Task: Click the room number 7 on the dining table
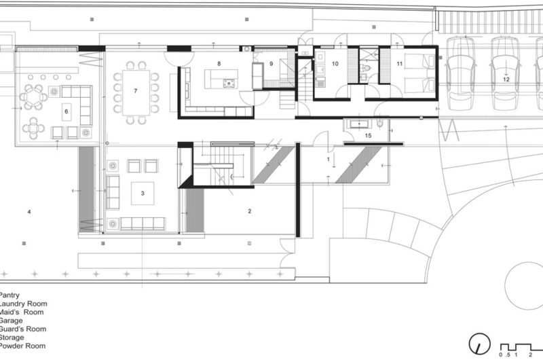136,90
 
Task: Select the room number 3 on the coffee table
143,193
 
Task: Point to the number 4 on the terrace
29,213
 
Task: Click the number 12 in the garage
506,79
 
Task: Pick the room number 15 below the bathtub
368,136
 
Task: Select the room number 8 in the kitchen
219,63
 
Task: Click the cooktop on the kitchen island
229,84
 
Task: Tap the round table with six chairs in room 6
33,97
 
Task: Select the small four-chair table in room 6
33,127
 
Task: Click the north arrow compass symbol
481,343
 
